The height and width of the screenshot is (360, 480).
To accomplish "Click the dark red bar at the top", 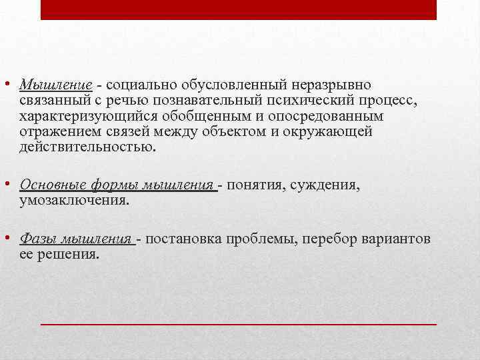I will coord(239,9).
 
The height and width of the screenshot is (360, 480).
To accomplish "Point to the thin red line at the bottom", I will coord(239,323).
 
